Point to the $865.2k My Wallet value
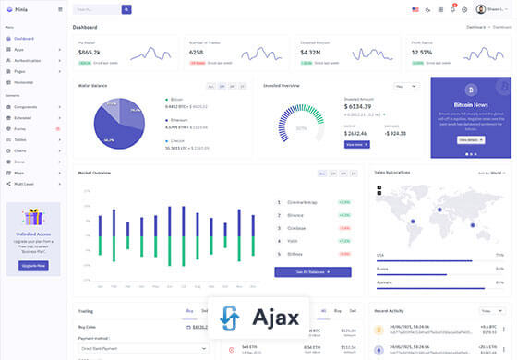coord(90,53)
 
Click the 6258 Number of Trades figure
coord(197,53)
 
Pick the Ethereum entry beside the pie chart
coord(179,120)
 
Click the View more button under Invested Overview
coord(356,145)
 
